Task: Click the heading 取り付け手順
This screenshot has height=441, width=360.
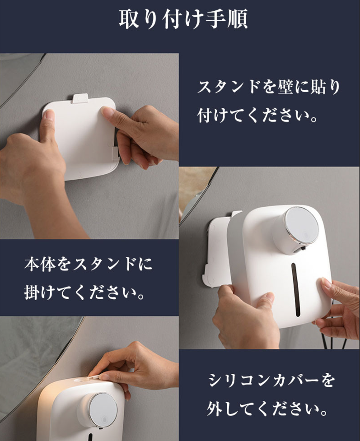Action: coord(183,19)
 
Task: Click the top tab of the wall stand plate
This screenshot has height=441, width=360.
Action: coord(80,98)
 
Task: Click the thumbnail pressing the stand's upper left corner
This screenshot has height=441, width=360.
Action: coord(50,115)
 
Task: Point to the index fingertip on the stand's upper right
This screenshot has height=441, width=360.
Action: coord(107,111)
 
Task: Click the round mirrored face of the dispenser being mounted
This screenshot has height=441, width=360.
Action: coord(302,225)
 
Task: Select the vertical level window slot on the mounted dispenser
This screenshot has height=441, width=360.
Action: coord(295,289)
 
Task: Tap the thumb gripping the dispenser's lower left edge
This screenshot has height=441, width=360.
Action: coord(265,300)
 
